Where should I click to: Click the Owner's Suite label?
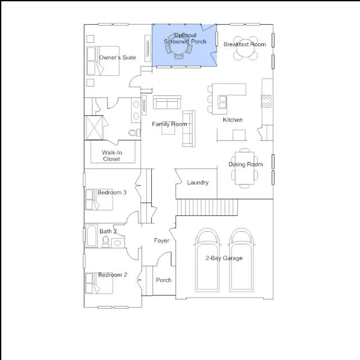[118, 57]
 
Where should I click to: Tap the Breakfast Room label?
[245, 44]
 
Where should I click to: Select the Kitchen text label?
[232, 120]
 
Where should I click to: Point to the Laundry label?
[197, 182]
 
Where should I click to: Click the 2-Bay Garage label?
[224, 258]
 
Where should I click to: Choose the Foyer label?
[161, 241]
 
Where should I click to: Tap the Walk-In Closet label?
[112, 156]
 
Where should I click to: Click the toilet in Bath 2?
[106, 241]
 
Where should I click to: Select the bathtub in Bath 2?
[92, 236]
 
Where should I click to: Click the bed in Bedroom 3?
[99, 199]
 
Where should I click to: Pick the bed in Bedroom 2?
[99, 283]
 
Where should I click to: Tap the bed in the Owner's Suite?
[103, 61]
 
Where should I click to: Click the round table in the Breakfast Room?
[246, 48]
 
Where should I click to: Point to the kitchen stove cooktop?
[266, 101]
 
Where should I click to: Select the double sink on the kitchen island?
[223, 102]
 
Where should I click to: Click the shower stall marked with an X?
[94, 128]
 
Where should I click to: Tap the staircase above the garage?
[207, 208]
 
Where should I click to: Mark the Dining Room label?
[245, 164]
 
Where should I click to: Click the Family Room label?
[169, 124]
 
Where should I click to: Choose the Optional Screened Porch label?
[185, 38]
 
